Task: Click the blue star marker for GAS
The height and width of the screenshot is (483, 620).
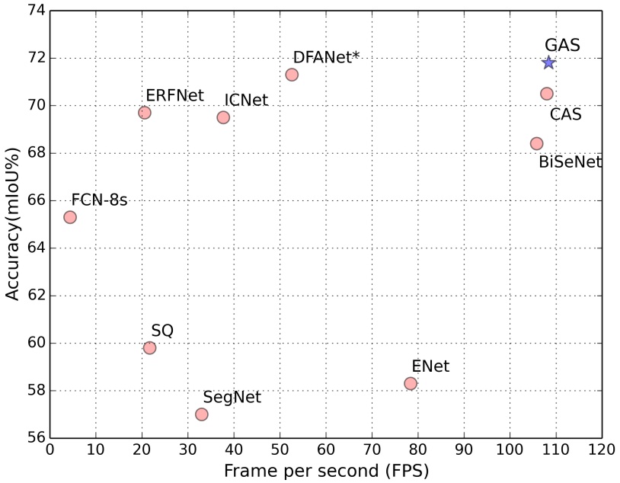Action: pos(548,62)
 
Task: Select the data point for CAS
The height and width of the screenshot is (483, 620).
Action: pos(546,94)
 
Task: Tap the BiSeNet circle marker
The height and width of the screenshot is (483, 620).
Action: pos(536,143)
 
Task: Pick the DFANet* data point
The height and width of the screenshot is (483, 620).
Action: pos(292,75)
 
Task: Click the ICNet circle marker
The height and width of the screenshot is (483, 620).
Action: pos(223,117)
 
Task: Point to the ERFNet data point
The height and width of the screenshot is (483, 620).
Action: pos(145,113)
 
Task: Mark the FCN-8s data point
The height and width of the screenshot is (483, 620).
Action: pos(70,217)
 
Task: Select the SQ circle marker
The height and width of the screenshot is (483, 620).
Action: pos(149,348)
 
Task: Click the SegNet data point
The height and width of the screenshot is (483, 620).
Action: pos(202,414)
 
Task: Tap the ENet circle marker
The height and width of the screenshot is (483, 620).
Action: pos(411,383)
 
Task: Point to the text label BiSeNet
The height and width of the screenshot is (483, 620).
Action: pos(570,162)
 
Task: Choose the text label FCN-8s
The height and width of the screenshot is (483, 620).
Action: pos(99,200)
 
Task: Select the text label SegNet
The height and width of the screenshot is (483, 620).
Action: pos(232,397)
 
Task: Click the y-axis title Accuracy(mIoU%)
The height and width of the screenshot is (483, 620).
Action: pos(13,225)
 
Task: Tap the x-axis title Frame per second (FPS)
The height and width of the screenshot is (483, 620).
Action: pos(326,472)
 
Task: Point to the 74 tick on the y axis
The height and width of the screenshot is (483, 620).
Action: pos(35,11)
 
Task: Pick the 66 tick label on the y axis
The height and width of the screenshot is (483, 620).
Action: pos(35,200)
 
